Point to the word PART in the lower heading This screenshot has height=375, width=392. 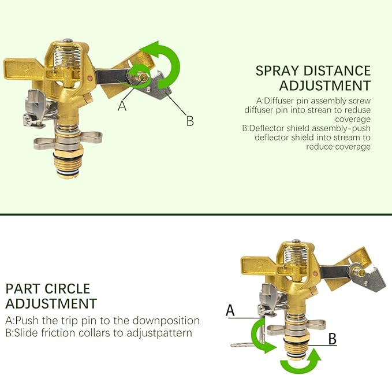click(23, 288)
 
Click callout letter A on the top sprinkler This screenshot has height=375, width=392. click(122, 106)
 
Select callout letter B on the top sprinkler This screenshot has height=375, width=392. click(189, 121)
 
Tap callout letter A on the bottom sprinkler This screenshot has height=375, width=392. click(230, 310)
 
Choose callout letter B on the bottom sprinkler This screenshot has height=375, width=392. click(332, 339)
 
